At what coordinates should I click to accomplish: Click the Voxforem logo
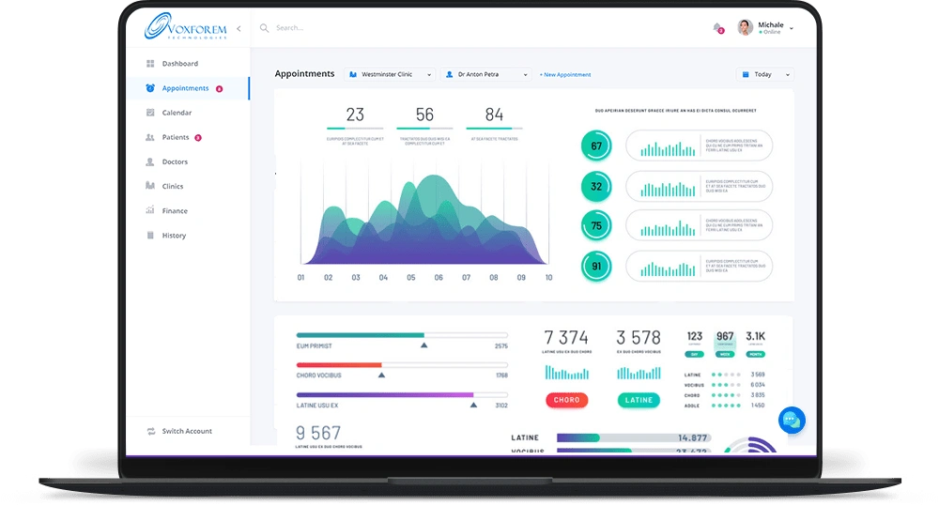[x=185, y=28]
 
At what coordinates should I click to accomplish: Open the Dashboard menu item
[x=179, y=64]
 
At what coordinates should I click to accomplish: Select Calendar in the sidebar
[x=177, y=113]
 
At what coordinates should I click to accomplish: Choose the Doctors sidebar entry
[x=175, y=162]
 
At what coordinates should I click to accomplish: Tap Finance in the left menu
[x=175, y=211]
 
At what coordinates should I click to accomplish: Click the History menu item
[x=174, y=236]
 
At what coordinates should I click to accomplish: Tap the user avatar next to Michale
[x=746, y=27]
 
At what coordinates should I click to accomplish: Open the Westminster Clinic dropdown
[x=391, y=74]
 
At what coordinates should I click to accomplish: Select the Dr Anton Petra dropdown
[x=487, y=74]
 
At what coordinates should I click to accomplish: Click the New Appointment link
[x=565, y=74]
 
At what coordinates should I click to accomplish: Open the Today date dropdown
[x=766, y=74]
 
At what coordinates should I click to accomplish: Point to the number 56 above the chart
[x=424, y=115]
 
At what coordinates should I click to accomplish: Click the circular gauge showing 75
[x=596, y=226]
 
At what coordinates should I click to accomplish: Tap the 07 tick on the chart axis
[x=466, y=278]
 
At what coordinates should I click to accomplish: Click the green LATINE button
[x=639, y=400]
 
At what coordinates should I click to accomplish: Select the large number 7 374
[x=566, y=338]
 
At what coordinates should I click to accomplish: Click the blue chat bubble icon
[x=792, y=420]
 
